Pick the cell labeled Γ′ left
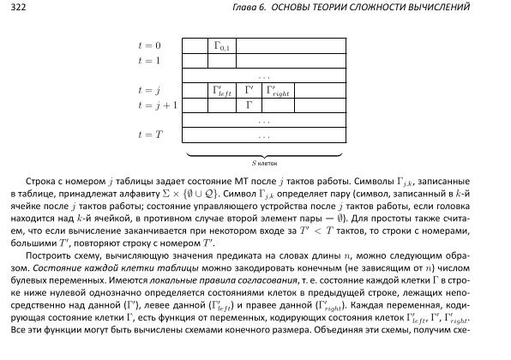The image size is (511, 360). [222, 90]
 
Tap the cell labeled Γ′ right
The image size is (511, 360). [280, 90]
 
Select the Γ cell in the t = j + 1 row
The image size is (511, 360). [249, 105]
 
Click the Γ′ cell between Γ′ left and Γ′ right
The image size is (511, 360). [249, 89]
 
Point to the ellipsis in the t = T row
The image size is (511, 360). [263, 135]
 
